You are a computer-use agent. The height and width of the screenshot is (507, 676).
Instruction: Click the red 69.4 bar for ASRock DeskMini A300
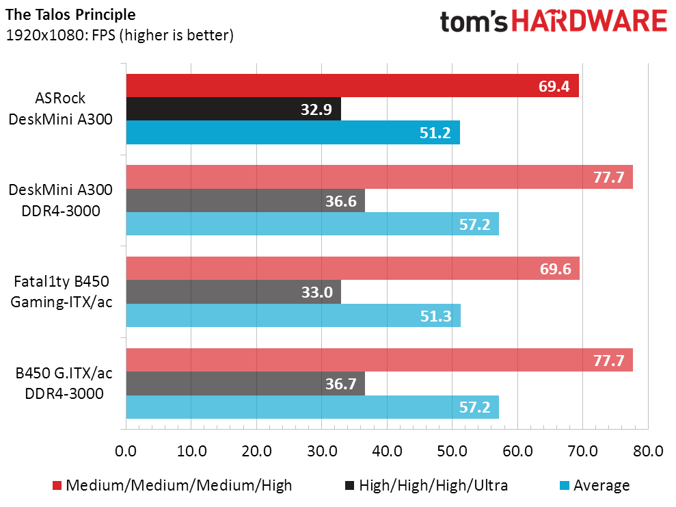click(352, 86)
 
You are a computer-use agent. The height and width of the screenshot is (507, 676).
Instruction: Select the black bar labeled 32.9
click(233, 109)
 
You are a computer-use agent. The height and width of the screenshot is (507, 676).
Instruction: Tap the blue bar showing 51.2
click(293, 132)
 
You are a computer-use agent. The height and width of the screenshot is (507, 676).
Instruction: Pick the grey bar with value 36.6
click(245, 200)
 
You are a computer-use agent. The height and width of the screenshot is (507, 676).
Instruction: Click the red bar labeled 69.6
click(353, 268)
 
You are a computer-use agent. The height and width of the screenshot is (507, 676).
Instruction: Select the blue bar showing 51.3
click(293, 315)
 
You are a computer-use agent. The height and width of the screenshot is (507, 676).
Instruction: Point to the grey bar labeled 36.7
click(245, 383)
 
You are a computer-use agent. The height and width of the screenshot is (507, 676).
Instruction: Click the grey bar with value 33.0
click(234, 291)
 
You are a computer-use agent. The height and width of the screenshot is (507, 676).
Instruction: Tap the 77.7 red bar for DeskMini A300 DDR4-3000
click(379, 177)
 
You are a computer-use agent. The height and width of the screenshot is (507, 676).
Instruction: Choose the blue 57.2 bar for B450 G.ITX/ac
click(312, 406)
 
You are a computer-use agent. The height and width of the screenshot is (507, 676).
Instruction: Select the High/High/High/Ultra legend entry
click(427, 486)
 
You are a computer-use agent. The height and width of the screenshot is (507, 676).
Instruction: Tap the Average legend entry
click(593, 486)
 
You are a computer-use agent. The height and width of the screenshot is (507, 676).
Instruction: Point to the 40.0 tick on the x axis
click(387, 452)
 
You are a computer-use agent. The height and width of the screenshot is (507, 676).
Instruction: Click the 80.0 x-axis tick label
click(648, 452)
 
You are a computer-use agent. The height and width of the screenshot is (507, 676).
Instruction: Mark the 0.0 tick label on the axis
click(126, 452)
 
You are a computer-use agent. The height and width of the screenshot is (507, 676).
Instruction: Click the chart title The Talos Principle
click(70, 14)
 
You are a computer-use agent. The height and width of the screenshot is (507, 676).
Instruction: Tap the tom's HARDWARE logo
click(553, 22)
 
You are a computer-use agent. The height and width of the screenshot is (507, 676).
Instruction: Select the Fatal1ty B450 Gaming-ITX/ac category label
click(62, 291)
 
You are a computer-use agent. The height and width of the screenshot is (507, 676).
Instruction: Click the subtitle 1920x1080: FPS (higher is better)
click(120, 35)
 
